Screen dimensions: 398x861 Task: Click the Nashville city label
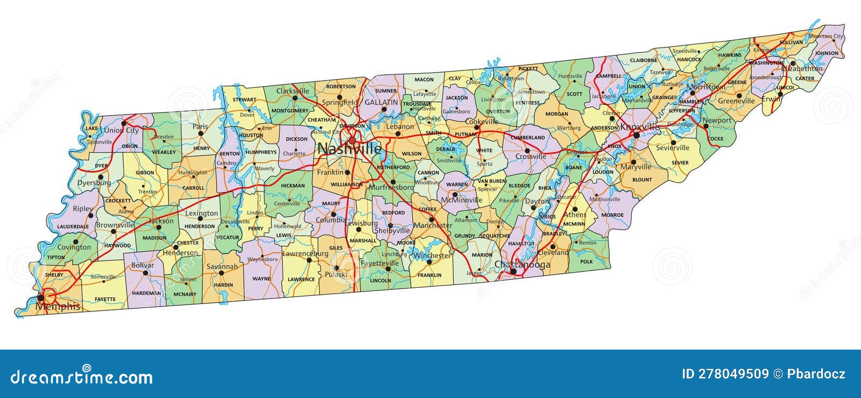pos(349,148)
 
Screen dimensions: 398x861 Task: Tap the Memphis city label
pos(58,307)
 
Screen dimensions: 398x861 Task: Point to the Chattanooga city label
pos(522,265)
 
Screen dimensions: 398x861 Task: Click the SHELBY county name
pos(54,275)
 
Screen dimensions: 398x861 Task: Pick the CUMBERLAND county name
pos(528,138)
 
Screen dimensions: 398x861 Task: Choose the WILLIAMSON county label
pos(347,184)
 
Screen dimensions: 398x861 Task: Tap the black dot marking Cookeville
pos(476,128)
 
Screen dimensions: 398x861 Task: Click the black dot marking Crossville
pos(527,151)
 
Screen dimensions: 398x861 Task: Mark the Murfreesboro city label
pos(391,188)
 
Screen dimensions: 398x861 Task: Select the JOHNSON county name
pos(827,53)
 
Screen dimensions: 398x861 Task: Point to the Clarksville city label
pos(293,91)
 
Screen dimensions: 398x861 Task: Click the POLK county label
pos(587,262)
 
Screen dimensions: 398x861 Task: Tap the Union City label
pos(121,130)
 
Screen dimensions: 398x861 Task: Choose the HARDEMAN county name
pos(146,293)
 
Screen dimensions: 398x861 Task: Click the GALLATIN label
pos(381,102)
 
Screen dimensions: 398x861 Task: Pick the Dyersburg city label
pos(94,183)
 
